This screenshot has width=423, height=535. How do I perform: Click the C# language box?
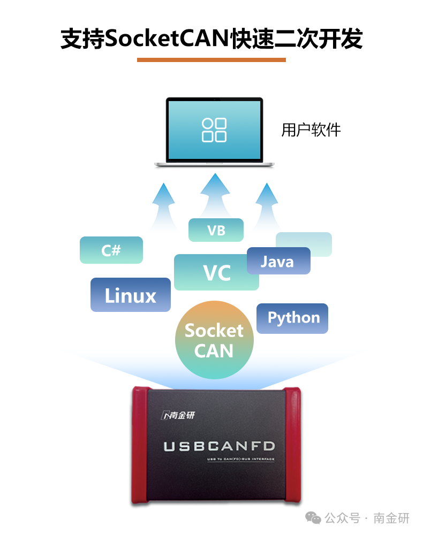click(111, 250)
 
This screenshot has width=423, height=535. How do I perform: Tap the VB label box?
click(216, 230)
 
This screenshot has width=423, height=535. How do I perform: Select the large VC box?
click(216, 273)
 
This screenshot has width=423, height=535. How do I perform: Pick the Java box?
click(278, 261)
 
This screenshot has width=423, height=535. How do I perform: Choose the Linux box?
click(130, 295)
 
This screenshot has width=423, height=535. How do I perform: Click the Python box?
click(293, 318)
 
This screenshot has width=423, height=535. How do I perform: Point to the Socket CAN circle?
click(214, 340)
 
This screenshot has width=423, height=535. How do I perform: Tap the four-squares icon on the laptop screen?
click(214, 130)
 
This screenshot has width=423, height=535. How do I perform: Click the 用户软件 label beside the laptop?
click(311, 130)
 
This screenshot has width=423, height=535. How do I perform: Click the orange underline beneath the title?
click(211, 60)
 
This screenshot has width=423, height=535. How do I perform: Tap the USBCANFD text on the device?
click(220, 446)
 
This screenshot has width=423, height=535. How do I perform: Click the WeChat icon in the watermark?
click(313, 517)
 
